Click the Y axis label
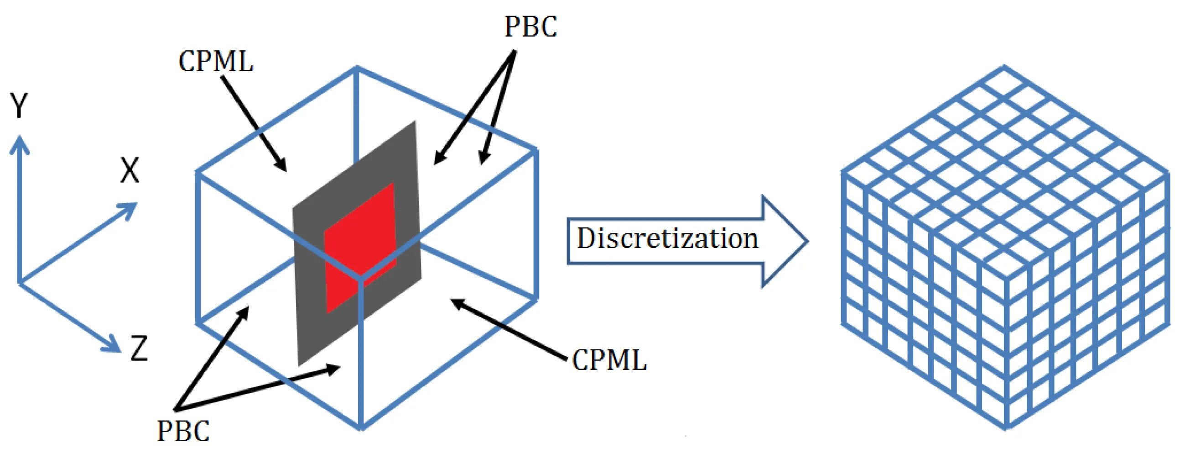(20, 106)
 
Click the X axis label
(129, 170)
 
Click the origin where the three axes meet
(20, 282)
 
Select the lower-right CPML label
(609, 359)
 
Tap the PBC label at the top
(531, 26)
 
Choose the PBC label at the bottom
(183, 431)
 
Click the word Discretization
(667, 238)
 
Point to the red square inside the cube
(360, 248)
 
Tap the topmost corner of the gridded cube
(1004, 67)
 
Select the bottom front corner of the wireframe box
(362, 428)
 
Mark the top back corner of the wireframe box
(357, 68)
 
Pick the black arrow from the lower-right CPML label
(508, 329)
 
